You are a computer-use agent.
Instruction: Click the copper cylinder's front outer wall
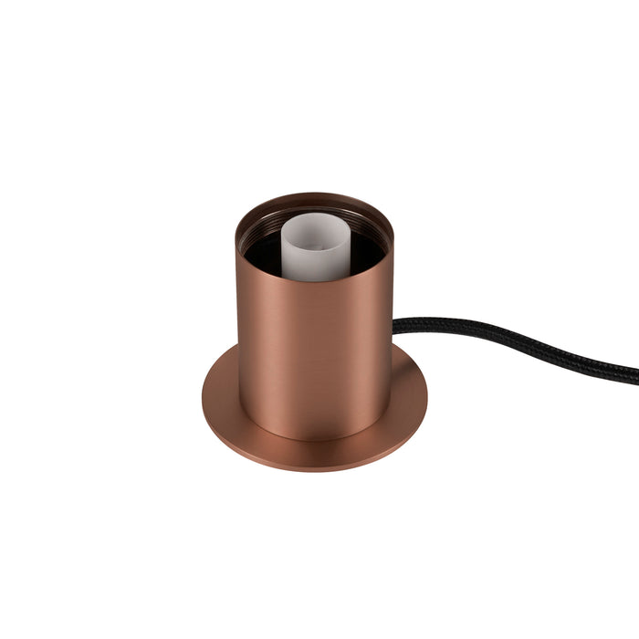(x=315, y=356)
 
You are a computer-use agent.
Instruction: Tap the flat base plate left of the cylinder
(x=220, y=402)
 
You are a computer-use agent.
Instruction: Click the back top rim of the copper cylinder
(x=315, y=195)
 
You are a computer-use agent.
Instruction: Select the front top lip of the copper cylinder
(x=315, y=281)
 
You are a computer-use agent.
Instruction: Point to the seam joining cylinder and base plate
(x=315, y=439)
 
